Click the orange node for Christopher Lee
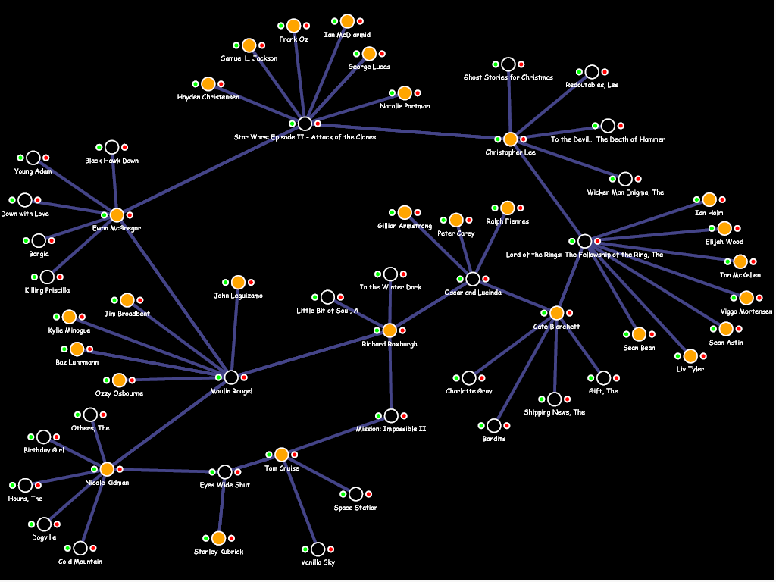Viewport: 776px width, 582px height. click(511, 139)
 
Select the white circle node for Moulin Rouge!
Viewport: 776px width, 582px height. click(231, 377)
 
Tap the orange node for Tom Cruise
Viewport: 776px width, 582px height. click(282, 455)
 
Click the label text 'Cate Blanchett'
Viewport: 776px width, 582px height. click(556, 327)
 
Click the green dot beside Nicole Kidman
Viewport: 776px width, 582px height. click(95, 470)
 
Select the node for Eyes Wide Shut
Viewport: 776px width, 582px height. click(225, 472)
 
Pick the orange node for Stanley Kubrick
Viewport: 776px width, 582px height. click(219, 538)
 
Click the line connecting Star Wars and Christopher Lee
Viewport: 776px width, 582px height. click(409, 131)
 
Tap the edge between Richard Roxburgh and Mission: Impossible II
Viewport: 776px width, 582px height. click(390, 375)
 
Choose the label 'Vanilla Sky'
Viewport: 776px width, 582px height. click(318, 562)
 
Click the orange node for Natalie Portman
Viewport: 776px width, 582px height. click(405, 93)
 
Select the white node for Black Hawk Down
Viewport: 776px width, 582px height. click(112, 148)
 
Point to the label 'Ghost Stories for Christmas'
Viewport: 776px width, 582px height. click(508, 77)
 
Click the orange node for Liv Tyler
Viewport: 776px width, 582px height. click(690, 356)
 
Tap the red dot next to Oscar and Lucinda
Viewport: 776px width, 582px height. click(486, 279)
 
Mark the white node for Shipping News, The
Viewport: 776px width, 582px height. click(555, 399)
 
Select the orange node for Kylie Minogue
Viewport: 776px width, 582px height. click(69, 317)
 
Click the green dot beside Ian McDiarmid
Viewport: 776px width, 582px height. click(335, 21)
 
